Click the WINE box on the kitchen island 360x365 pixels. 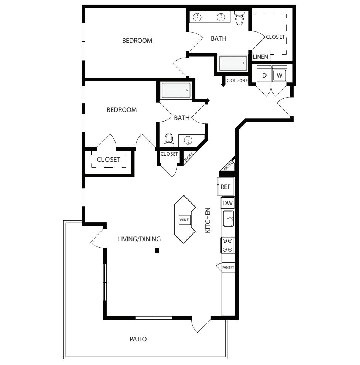click(x=184, y=220)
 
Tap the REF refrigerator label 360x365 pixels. click(x=225, y=187)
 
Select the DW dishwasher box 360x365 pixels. click(x=227, y=203)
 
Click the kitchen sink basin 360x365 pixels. click(x=228, y=219)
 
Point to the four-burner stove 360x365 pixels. click(x=227, y=245)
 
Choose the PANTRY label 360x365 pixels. click(x=228, y=267)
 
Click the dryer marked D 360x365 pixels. click(x=264, y=74)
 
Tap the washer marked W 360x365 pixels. click(x=280, y=74)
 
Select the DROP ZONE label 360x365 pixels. click(x=236, y=81)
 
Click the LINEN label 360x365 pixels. click(x=260, y=57)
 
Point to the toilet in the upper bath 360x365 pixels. click(x=239, y=18)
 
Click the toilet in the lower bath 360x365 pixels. click(x=169, y=140)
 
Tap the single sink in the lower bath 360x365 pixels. click(x=188, y=140)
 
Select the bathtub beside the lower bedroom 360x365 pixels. click(x=176, y=91)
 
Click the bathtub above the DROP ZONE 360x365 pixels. click(x=233, y=63)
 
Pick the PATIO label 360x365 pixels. click(x=138, y=339)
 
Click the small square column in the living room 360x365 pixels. click(x=157, y=250)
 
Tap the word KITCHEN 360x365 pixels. click(x=208, y=220)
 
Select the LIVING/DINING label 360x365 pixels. click(x=139, y=239)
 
